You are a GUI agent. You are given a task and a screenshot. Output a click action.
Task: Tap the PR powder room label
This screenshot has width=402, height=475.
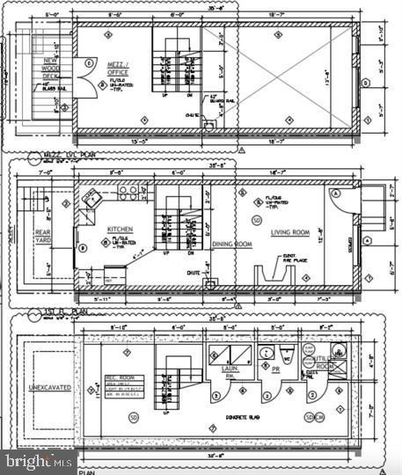(275, 370)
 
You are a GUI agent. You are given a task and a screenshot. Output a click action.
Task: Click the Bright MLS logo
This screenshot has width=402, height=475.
(39, 459)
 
